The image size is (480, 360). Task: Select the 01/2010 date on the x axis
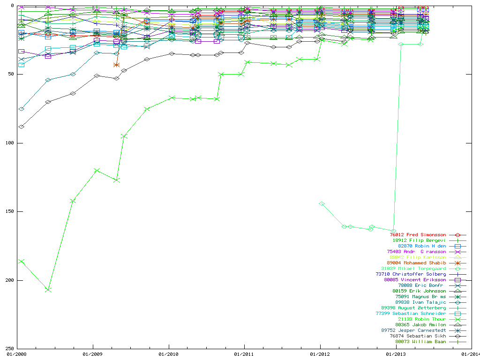pos(169,354)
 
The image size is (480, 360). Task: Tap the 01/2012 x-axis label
pos(320,354)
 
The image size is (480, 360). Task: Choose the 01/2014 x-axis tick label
pos(470,354)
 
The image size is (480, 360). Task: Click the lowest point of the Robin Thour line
pos(48,290)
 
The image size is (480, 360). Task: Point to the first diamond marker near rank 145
pos(322,204)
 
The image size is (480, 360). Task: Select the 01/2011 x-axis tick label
pos(244,354)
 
